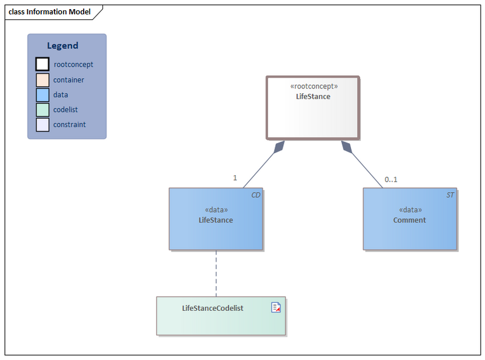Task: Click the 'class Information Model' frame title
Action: (x=49, y=12)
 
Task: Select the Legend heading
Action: (x=62, y=45)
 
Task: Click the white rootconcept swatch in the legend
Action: (x=42, y=64)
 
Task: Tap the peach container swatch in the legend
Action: (x=42, y=79)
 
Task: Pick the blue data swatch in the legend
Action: (x=42, y=95)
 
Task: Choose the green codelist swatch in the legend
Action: (x=42, y=110)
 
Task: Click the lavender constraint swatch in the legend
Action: (x=42, y=124)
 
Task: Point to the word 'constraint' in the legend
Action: (x=69, y=124)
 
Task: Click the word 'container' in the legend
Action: (x=69, y=79)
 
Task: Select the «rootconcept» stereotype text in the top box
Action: (x=313, y=86)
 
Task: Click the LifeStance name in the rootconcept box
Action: (x=313, y=96)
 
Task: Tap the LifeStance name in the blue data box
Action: (x=216, y=220)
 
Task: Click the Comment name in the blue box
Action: (x=409, y=220)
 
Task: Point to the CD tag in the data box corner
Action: (x=256, y=195)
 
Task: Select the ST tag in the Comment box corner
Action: (x=450, y=195)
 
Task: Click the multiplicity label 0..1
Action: (x=391, y=179)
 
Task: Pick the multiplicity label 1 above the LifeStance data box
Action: (x=235, y=178)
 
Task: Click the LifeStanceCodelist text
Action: (x=213, y=308)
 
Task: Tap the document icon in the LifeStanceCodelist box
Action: (x=276, y=307)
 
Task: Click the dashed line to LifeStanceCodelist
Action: (x=216, y=273)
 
